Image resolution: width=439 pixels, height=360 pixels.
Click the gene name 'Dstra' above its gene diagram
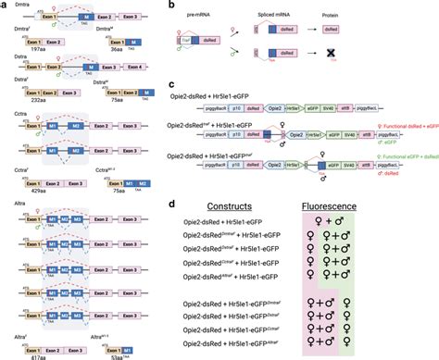click(x=17, y=83)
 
